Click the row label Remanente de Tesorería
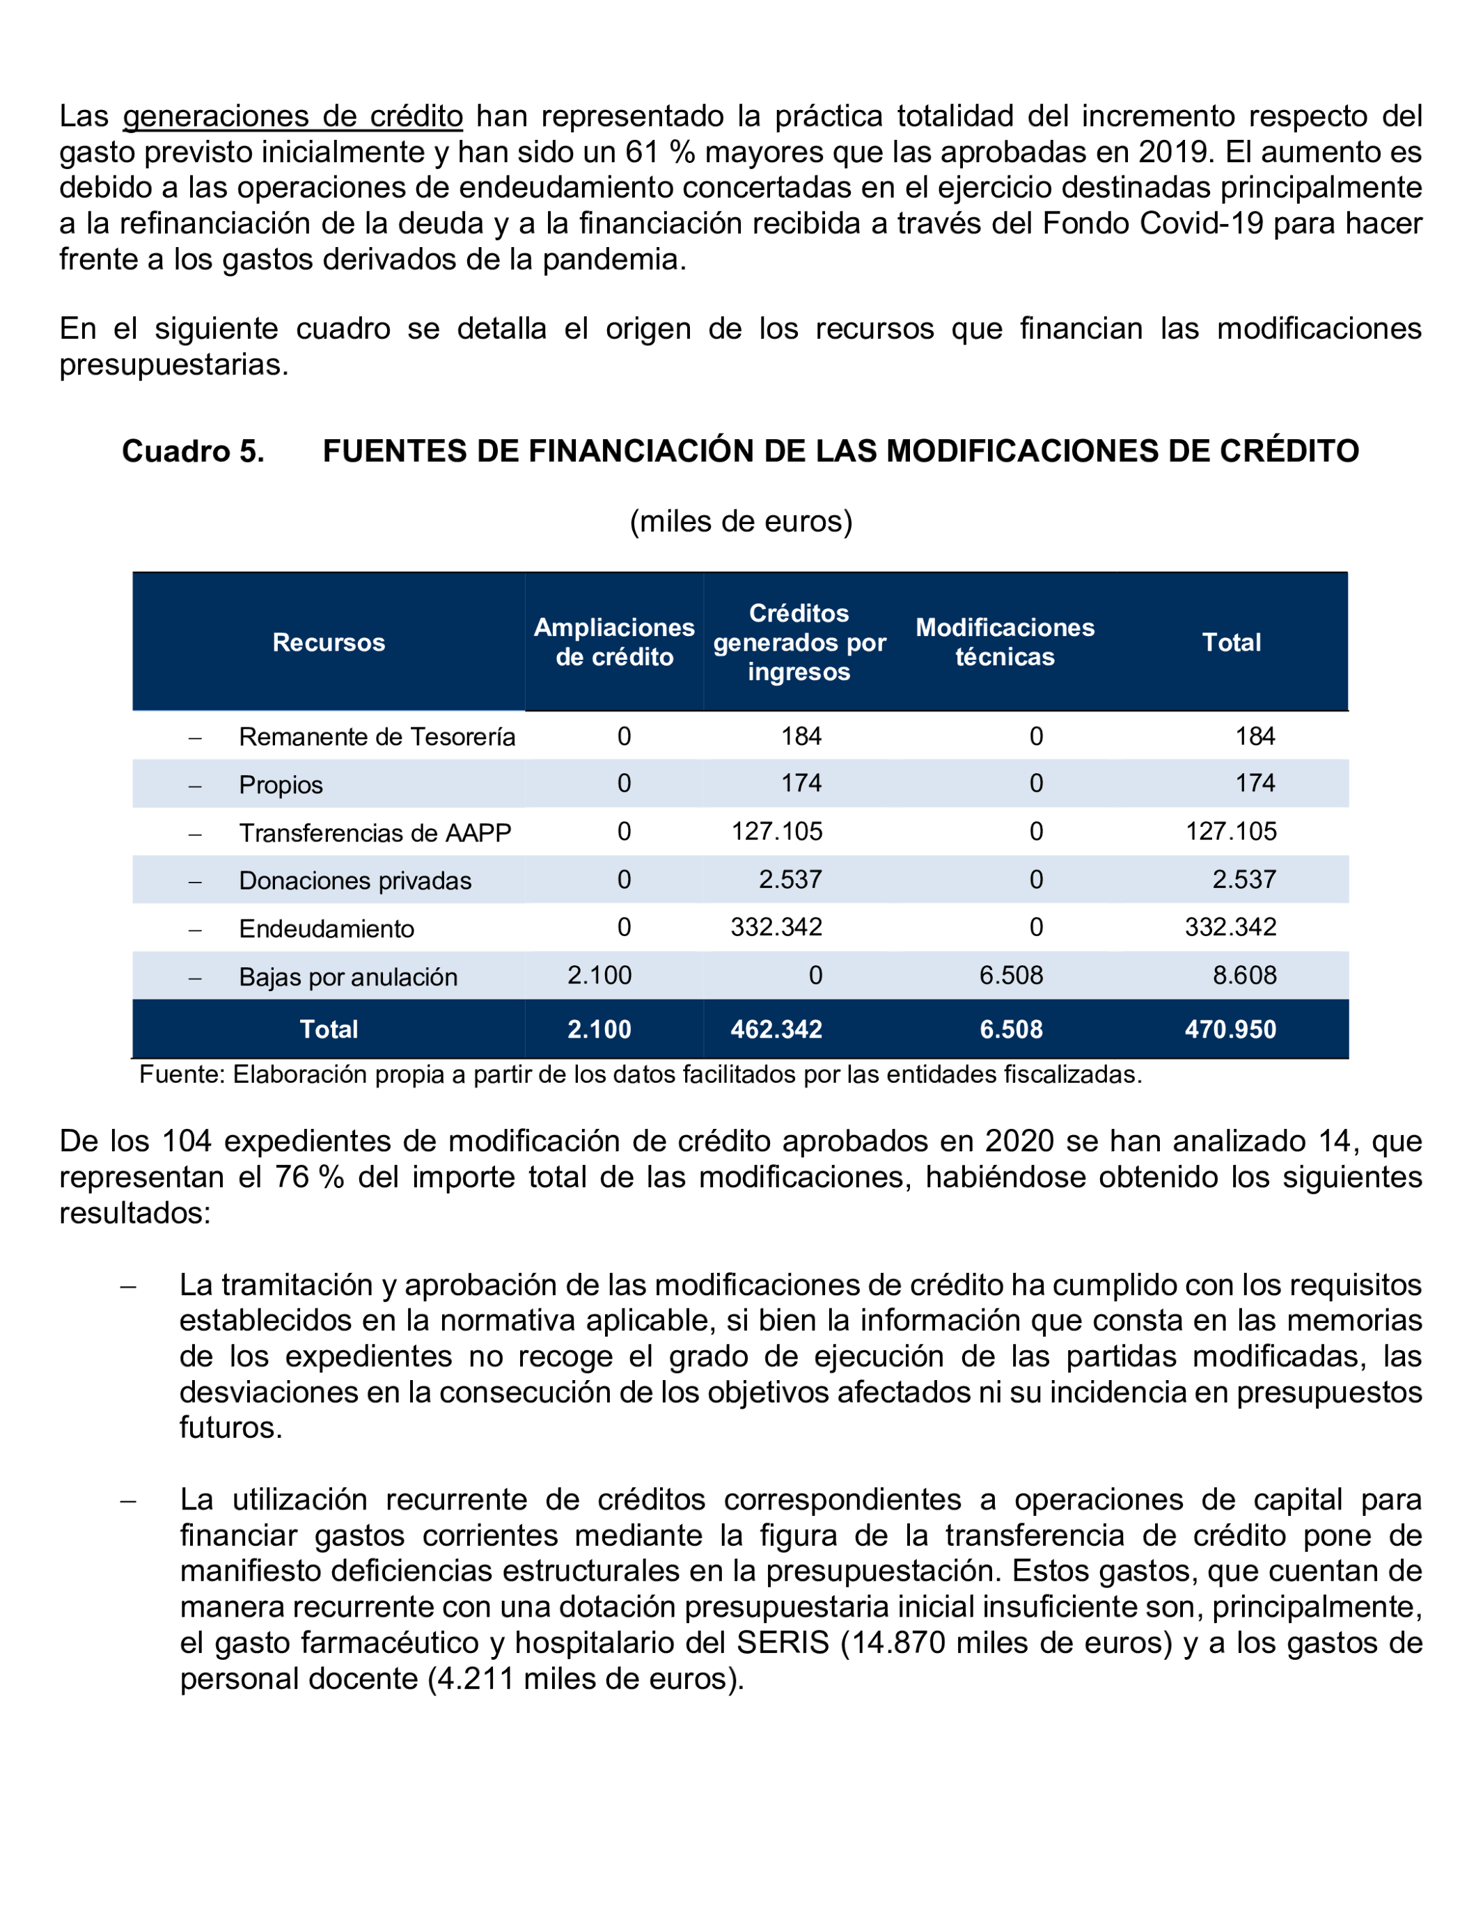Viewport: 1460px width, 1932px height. (377, 736)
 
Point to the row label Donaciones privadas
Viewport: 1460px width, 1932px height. (355, 880)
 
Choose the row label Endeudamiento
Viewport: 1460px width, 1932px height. (326, 928)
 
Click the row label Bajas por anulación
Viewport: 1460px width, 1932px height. (347, 976)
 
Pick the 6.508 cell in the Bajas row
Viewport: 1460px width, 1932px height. (1011, 975)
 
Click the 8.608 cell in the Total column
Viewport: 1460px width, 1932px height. (1244, 975)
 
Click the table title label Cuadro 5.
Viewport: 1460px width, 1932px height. (193, 451)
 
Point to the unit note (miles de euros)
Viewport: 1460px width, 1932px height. (741, 521)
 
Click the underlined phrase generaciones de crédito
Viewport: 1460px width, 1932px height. (292, 116)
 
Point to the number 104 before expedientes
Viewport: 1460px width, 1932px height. (187, 1141)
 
